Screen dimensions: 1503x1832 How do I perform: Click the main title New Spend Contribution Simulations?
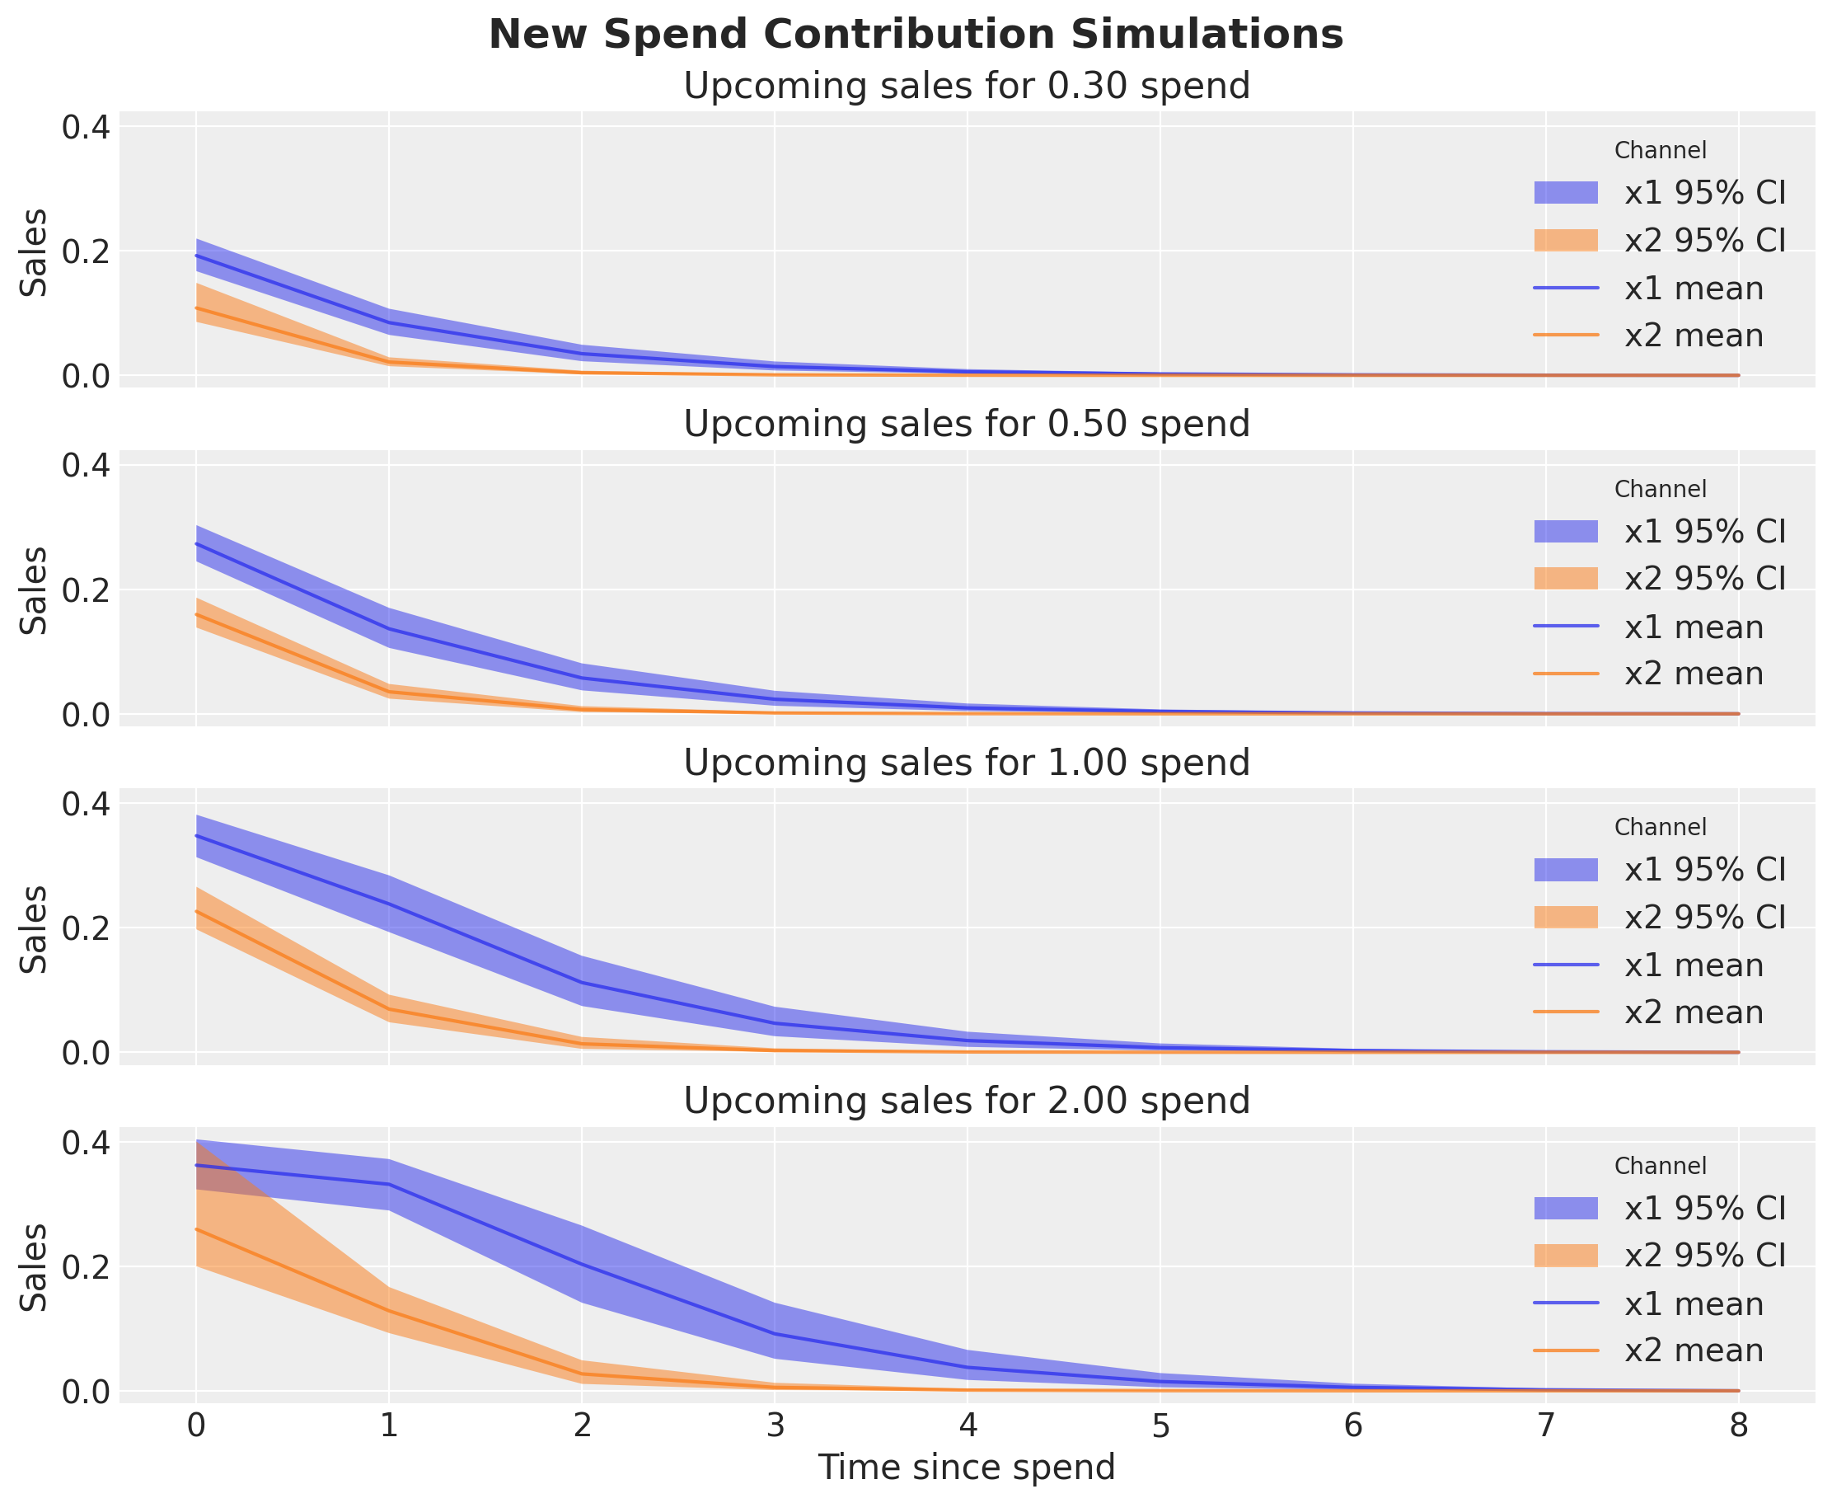coord(916,35)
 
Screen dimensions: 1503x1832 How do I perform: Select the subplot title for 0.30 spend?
coord(967,87)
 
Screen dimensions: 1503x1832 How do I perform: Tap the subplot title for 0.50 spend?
coord(967,425)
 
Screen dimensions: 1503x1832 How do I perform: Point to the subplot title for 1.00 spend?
coord(967,763)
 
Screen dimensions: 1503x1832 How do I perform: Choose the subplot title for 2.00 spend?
coord(967,1101)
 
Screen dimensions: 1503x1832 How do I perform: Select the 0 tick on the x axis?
coord(196,1424)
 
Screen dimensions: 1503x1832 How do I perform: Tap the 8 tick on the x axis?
coord(1739,1424)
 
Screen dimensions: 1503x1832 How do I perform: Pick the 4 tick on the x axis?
coord(968,1424)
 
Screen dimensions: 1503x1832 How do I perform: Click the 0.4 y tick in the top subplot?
coord(86,127)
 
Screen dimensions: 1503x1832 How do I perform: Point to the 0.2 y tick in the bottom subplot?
coord(86,1266)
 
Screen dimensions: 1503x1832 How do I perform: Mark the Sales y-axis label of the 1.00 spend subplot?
coord(35,928)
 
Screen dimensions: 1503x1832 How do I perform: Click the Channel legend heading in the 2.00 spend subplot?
coord(1660,1167)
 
